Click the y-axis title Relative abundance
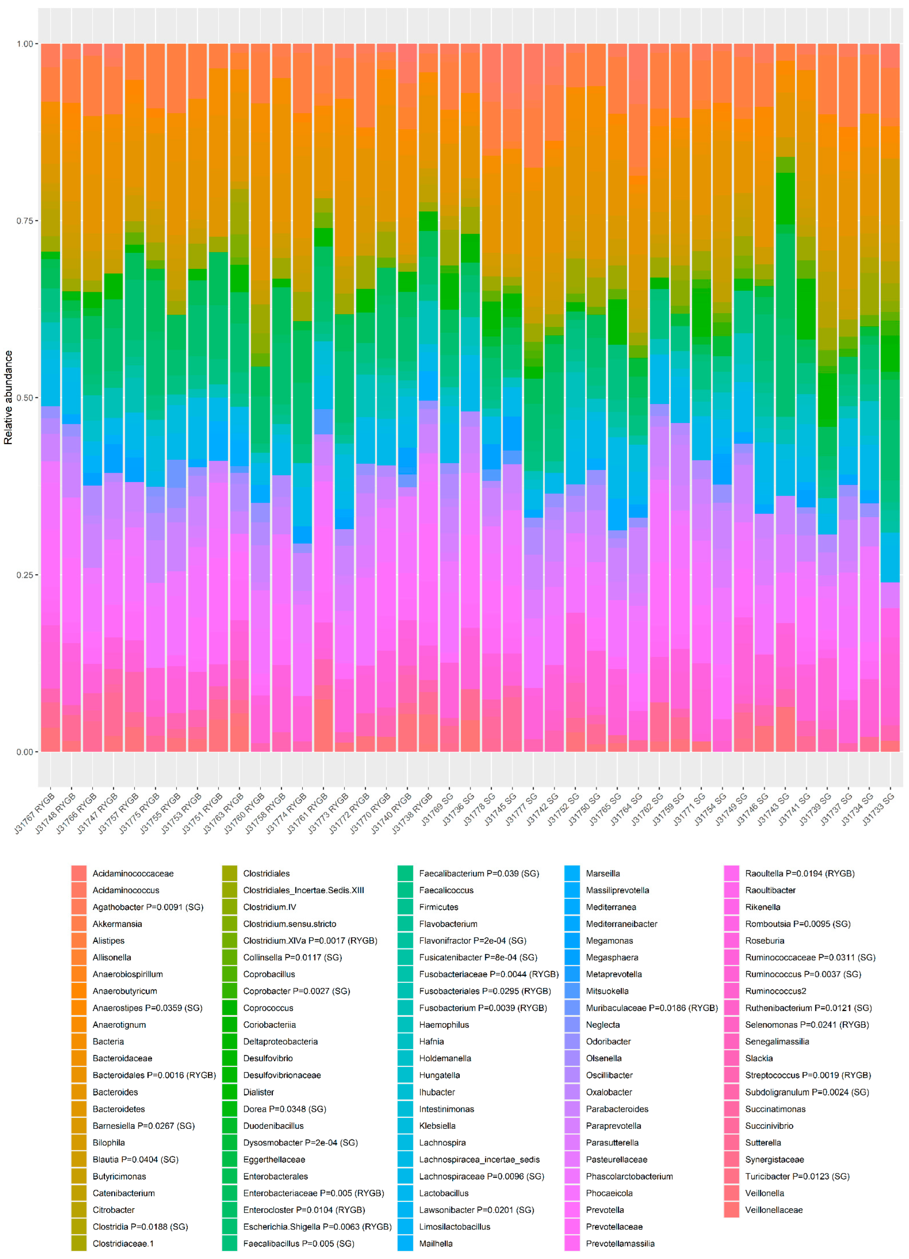coord(8,397)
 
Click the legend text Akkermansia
coord(117,924)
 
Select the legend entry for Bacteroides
coord(115,1092)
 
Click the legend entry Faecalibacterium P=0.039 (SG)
coord(478,873)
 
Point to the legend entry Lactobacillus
coord(443,1193)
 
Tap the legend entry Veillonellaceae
coord(774,1210)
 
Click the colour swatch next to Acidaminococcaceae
coord(79,873)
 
